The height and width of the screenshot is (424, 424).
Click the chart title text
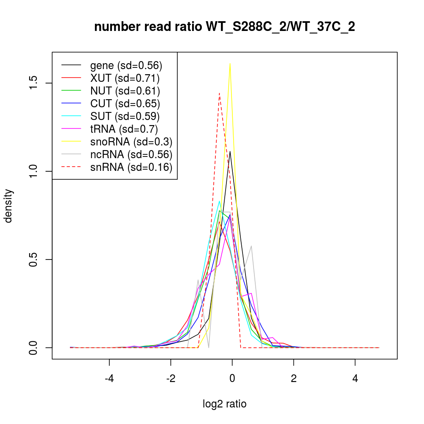(x=224, y=27)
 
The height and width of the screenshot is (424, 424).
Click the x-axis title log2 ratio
(x=225, y=404)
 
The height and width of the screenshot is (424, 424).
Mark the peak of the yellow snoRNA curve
(x=230, y=63)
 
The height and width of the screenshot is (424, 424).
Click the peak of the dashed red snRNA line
(x=219, y=93)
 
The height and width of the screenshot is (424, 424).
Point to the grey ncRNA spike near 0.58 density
(x=252, y=246)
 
